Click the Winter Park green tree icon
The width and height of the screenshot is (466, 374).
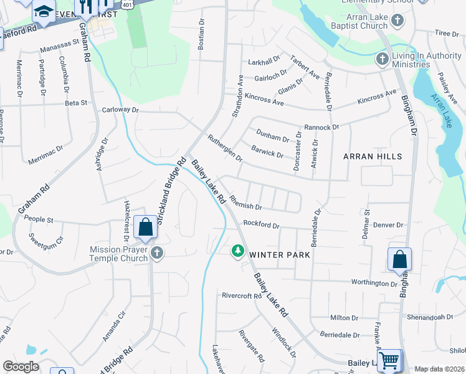(237, 251)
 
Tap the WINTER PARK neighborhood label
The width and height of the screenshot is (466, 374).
(280, 255)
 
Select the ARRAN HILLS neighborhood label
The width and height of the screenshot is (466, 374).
(373, 156)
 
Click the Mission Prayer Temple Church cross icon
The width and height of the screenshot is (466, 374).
(156, 253)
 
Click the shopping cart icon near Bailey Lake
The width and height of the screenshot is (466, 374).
(389, 360)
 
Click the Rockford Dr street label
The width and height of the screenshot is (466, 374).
(261, 224)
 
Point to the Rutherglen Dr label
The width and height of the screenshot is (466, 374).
(225, 148)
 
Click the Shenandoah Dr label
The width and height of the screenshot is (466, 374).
(430, 317)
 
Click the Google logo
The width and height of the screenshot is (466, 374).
(21, 367)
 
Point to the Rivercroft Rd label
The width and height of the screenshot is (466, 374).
(242, 295)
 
